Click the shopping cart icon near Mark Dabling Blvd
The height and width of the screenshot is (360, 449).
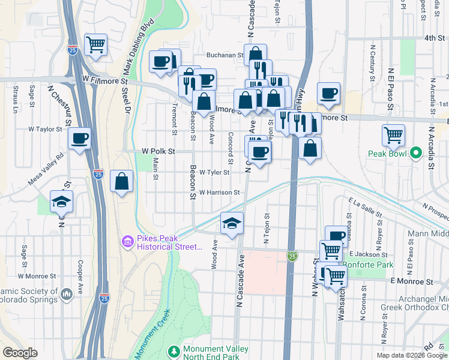click(96, 44)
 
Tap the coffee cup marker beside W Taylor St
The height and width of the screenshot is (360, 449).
click(79, 140)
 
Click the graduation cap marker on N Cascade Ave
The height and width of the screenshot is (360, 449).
click(232, 223)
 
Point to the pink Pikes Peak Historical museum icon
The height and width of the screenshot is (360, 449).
click(127, 242)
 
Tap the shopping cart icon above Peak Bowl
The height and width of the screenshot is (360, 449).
click(393, 135)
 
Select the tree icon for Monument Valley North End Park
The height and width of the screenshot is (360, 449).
click(174, 350)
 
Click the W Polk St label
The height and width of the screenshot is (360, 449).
click(158, 152)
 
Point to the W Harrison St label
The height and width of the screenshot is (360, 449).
click(219, 193)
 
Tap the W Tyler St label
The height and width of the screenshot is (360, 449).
click(214, 172)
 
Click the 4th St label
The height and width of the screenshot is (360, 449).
click(432, 37)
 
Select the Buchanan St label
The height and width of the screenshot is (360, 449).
click(224, 55)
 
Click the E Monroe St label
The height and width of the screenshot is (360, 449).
click(411, 281)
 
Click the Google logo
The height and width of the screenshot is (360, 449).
click(20, 353)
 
